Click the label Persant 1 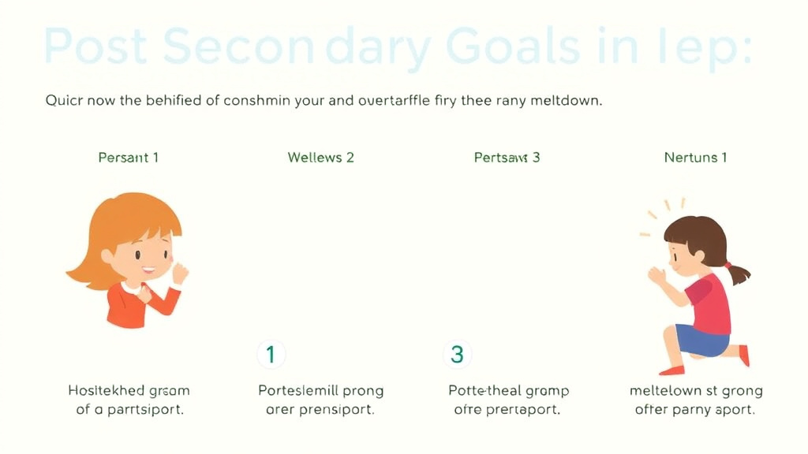(129, 158)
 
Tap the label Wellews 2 (321, 158)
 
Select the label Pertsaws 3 (507, 158)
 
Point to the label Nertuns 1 (696, 158)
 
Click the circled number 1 (271, 355)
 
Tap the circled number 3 (457, 355)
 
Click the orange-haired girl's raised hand (181, 273)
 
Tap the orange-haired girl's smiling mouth (148, 271)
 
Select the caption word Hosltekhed (107, 391)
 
